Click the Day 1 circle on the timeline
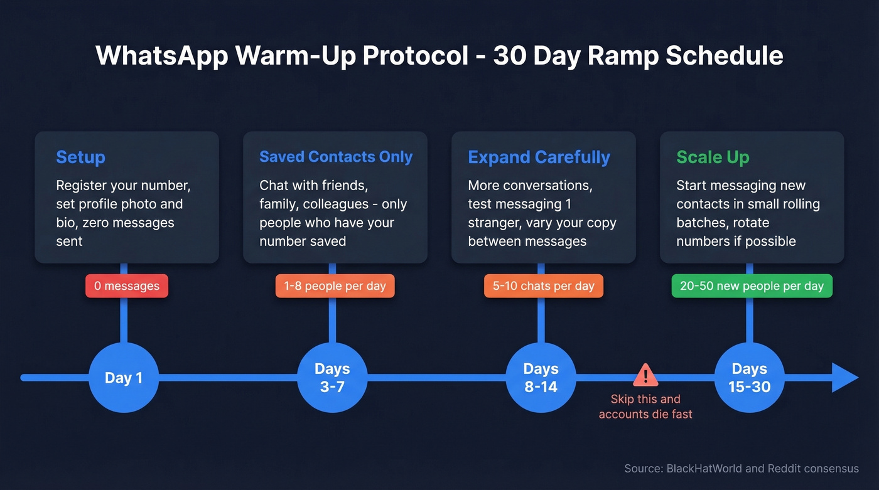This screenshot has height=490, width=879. [124, 378]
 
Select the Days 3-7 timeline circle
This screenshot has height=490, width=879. [332, 378]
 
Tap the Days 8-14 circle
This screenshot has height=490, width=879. [541, 378]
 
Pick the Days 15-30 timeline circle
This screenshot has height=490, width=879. [749, 378]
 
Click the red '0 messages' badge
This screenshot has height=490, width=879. [127, 286]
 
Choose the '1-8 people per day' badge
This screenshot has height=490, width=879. [335, 286]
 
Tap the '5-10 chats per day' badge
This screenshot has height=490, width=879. [543, 286]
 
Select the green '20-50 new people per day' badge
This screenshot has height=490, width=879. [752, 286]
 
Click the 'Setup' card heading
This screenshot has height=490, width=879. [80, 157]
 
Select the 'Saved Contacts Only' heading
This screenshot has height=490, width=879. [336, 157]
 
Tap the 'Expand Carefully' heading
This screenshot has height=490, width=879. [539, 157]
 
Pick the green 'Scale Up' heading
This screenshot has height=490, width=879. [713, 157]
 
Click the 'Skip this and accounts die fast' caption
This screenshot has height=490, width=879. [645, 407]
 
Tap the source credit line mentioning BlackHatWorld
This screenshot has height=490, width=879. [741, 469]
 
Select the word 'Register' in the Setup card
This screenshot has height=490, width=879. [82, 186]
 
